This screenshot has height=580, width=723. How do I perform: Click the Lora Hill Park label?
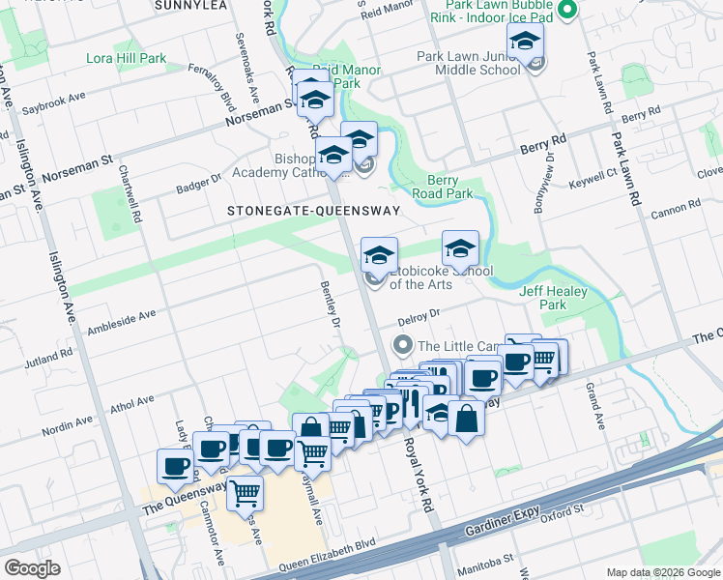[x=127, y=58]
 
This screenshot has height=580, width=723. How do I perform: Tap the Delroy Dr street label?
[x=419, y=317]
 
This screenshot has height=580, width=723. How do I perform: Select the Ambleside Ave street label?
[x=121, y=315]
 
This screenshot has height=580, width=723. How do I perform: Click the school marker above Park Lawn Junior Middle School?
[x=525, y=42]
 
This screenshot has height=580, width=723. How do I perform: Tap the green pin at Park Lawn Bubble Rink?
[x=566, y=11]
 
